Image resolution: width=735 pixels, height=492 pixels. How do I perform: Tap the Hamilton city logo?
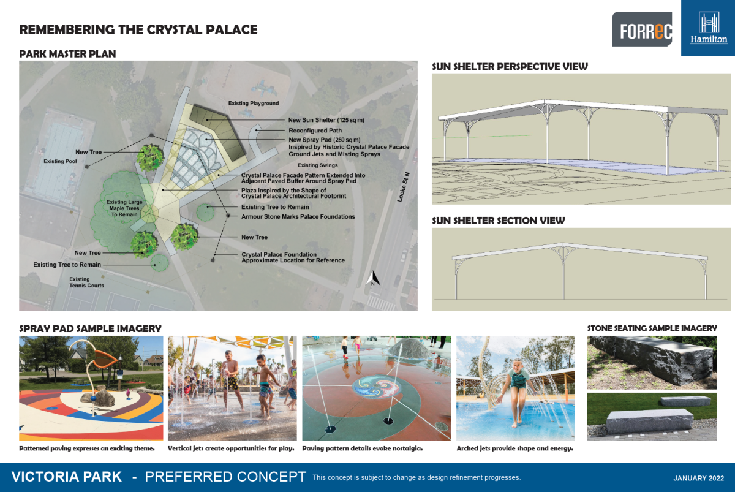[709, 28]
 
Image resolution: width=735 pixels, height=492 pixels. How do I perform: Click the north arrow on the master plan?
[372, 279]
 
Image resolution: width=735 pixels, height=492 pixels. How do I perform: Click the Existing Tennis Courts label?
[87, 282]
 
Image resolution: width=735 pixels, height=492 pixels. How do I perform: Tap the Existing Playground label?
[253, 104]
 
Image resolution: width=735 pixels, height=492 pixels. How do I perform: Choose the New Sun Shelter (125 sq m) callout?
[328, 120]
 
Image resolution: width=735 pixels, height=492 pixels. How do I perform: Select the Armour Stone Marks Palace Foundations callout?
[298, 216]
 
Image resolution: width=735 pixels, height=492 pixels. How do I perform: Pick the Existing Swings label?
[317, 165]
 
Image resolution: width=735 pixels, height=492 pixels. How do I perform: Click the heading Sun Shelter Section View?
[498, 221]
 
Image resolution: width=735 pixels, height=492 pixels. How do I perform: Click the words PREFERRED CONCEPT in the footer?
[225, 477]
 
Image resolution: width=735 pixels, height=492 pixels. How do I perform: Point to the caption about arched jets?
[514, 448]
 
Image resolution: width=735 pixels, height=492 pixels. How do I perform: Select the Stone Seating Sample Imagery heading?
[652, 328]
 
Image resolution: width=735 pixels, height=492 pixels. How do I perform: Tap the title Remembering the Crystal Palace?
[138, 29]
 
